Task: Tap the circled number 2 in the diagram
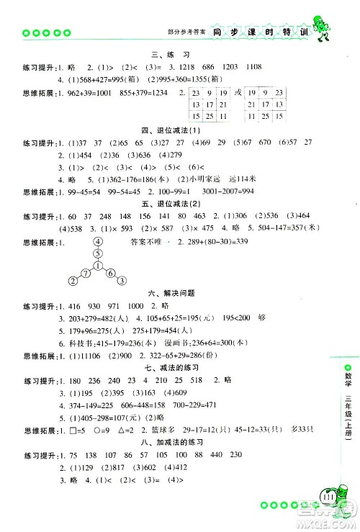click(73, 281)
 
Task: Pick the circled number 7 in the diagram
click(84, 271)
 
